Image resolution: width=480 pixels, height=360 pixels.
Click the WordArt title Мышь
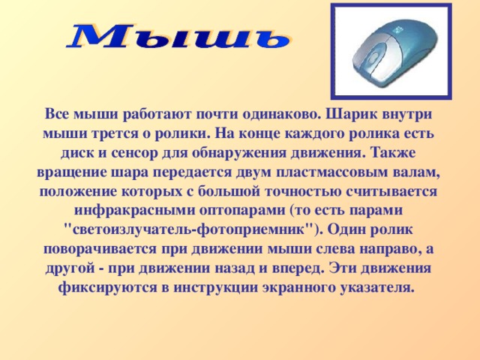178,36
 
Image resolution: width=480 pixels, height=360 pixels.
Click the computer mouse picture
390,51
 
